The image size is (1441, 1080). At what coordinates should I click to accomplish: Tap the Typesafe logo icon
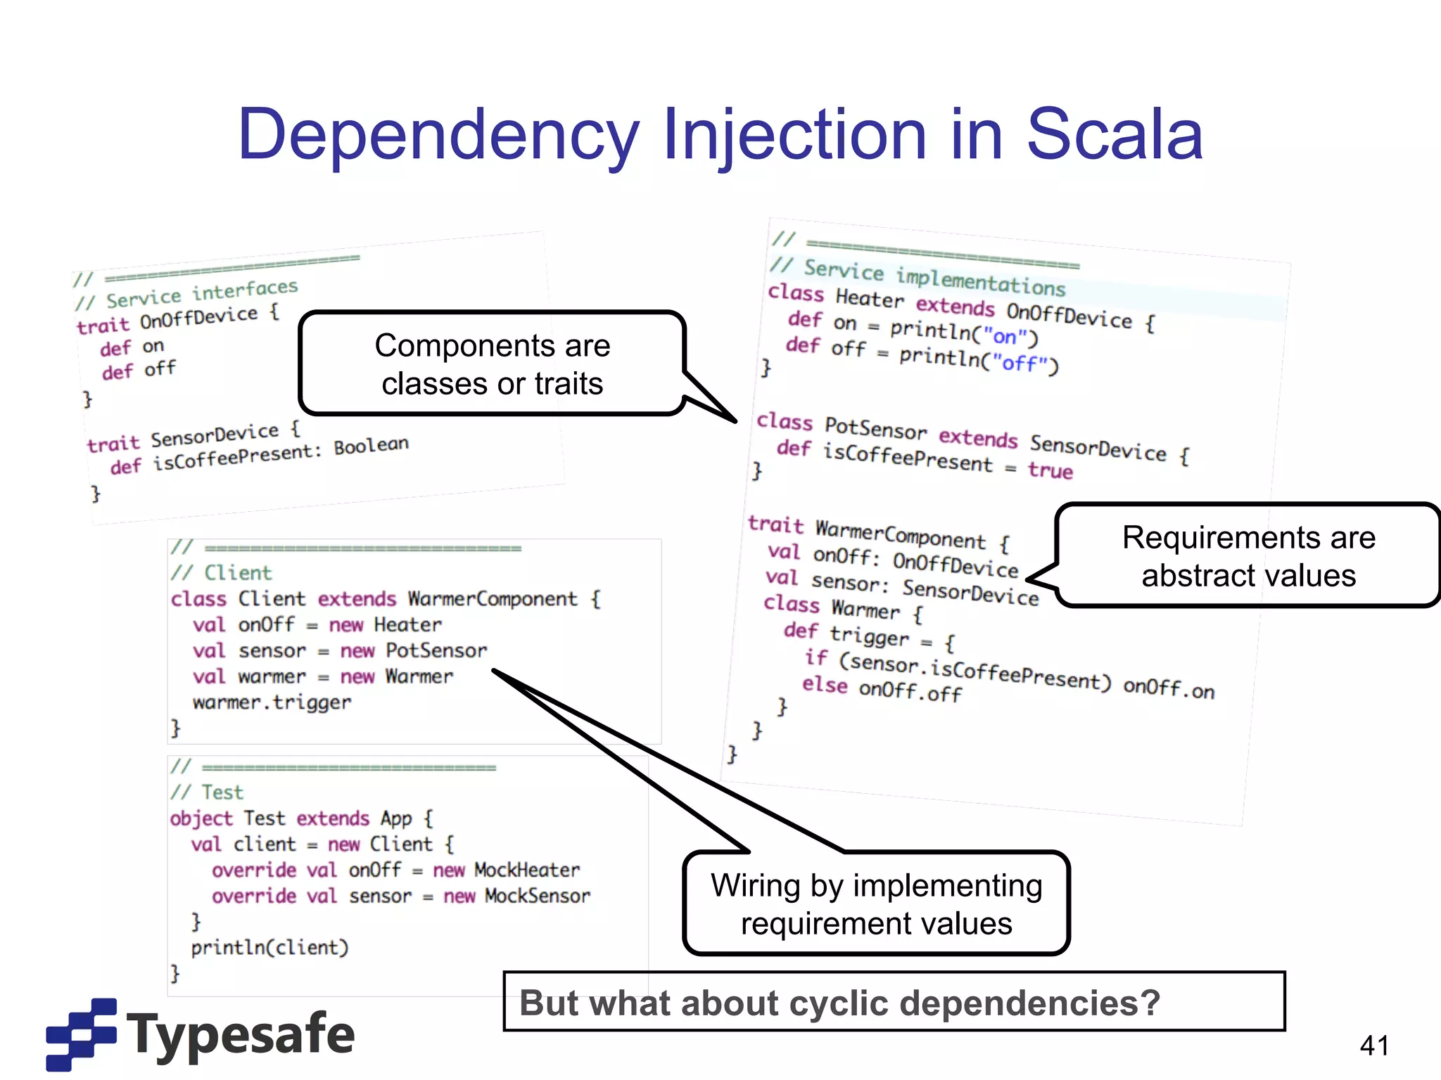click(x=81, y=1034)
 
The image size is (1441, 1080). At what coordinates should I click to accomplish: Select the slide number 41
click(x=1374, y=1046)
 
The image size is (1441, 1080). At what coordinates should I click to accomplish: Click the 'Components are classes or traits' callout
click(x=492, y=364)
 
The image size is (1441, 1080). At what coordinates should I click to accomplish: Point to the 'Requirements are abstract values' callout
click(x=1248, y=556)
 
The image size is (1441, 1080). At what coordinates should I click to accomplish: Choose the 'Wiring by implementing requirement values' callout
click(x=876, y=904)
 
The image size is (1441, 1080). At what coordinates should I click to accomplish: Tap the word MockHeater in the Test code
click(x=527, y=870)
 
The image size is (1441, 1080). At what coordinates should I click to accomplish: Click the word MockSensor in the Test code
click(x=538, y=896)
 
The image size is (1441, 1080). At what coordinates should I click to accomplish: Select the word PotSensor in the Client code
click(x=436, y=650)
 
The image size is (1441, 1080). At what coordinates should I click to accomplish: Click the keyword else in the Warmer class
click(x=825, y=684)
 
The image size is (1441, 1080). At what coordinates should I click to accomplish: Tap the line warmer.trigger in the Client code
click(x=272, y=702)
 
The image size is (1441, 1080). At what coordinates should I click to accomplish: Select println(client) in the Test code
click(x=269, y=948)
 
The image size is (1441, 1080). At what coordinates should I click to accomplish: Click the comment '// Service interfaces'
click(x=187, y=295)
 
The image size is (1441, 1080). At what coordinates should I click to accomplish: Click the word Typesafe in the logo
click(x=241, y=1034)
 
